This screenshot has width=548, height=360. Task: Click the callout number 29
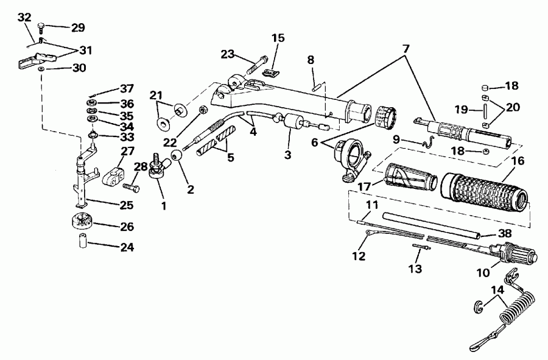tap(78, 27)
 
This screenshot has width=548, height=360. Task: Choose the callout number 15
tap(278, 38)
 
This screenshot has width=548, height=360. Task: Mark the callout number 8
tap(311, 60)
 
